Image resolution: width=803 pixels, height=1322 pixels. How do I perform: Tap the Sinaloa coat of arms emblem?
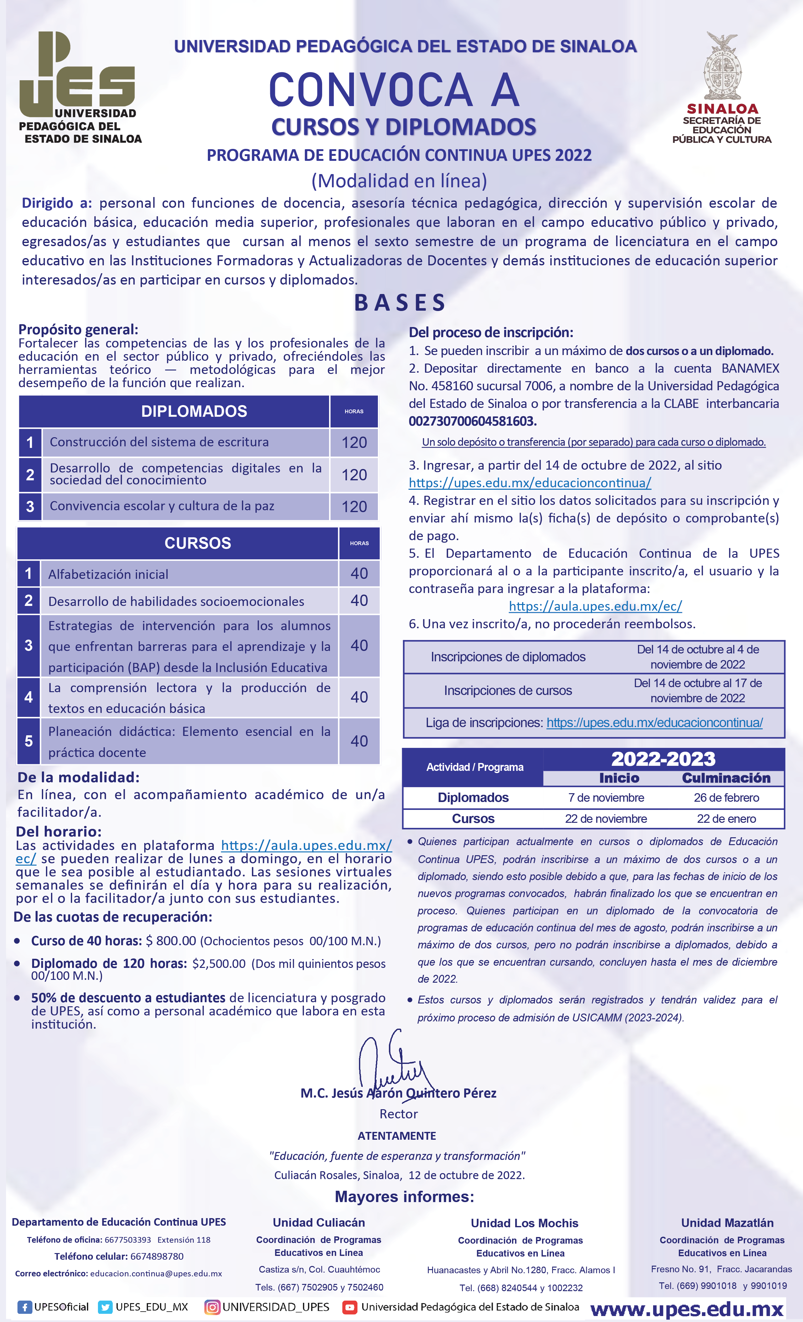(722, 67)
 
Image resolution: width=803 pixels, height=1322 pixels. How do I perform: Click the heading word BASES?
(400, 302)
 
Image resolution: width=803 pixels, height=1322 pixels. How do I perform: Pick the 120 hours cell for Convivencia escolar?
(354, 506)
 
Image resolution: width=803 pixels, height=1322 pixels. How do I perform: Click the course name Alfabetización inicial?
(108, 575)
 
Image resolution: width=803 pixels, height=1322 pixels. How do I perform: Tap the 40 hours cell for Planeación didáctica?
(359, 741)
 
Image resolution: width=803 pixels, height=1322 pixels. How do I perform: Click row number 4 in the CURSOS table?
(28, 697)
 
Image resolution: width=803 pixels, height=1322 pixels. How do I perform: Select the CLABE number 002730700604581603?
(472, 421)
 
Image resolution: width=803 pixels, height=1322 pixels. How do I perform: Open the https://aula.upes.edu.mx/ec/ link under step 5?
(595, 606)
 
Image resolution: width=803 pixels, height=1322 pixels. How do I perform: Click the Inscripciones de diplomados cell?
(508, 657)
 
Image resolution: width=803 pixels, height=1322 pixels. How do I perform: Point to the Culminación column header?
(726, 778)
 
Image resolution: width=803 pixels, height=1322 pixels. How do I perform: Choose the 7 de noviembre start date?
(606, 798)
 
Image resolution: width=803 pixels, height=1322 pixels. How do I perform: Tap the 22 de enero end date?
(726, 819)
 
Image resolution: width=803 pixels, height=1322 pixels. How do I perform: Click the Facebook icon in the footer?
(24, 1307)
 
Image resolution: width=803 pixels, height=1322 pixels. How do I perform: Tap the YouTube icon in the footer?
(350, 1307)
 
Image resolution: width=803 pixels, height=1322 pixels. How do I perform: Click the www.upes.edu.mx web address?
(687, 1309)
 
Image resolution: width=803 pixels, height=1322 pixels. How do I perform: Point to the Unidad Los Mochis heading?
(524, 1223)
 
